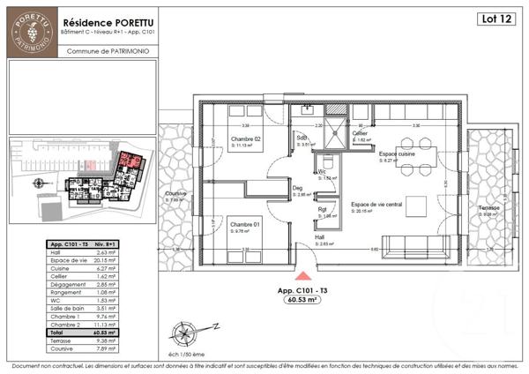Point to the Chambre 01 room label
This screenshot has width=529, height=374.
(245, 225)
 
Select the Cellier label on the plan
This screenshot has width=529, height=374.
(361, 134)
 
